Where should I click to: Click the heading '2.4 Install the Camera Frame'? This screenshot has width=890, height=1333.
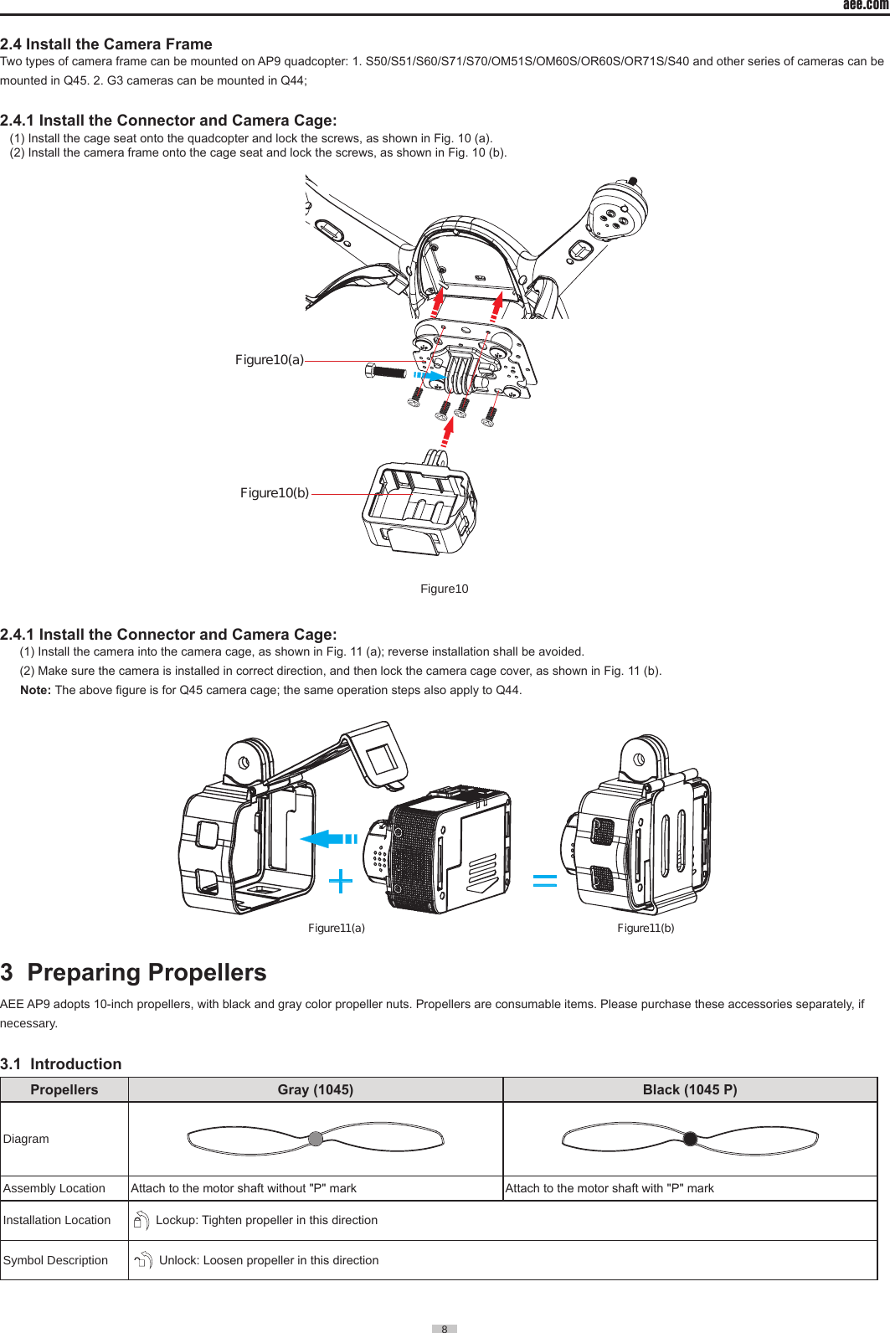(106, 44)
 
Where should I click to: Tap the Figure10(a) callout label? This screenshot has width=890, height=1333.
(269, 360)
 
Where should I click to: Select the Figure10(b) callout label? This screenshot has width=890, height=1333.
(275, 493)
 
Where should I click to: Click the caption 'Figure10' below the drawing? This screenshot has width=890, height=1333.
(444, 589)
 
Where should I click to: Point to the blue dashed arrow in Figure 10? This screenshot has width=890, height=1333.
(430, 376)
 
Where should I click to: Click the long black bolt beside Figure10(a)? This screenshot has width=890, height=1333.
(386, 371)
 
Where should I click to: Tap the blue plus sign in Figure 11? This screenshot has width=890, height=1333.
(341, 881)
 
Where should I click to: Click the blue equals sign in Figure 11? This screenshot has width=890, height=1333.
(545, 880)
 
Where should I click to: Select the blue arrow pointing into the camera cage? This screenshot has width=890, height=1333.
(327, 838)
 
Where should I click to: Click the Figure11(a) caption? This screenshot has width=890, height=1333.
(337, 928)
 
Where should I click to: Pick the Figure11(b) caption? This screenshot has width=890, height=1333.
(646, 928)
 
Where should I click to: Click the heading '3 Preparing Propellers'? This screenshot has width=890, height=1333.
(134, 972)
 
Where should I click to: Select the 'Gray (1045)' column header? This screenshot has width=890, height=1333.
(316, 1089)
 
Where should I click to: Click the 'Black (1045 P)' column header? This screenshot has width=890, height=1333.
(690, 1089)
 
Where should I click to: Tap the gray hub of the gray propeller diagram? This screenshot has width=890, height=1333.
(316, 1139)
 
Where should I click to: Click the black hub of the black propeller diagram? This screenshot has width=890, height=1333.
(690, 1139)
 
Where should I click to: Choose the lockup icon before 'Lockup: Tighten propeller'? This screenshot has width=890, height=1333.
(141, 1221)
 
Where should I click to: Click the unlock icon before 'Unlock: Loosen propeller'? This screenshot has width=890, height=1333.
(143, 1260)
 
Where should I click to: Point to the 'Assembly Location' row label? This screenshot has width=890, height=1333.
(54, 1188)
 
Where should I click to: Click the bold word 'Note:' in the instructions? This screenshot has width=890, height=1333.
(35, 690)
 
